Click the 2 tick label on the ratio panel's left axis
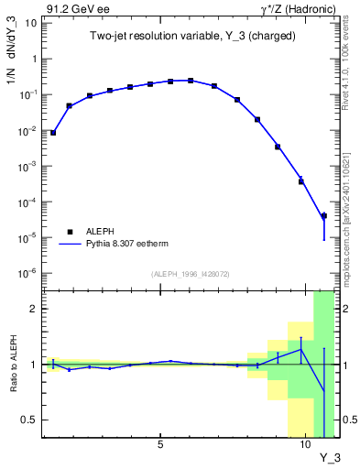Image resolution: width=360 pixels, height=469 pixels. click(35, 309)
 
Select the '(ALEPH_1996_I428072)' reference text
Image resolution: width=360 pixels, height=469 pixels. click(191, 274)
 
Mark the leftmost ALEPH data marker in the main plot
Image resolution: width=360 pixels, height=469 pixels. click(53, 133)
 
